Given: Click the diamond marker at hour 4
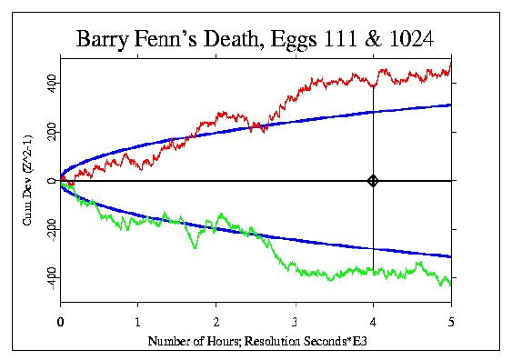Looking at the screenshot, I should (x=373, y=181).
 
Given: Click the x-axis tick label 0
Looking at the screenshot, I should (x=60, y=322).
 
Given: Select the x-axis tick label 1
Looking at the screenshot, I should (x=138, y=322).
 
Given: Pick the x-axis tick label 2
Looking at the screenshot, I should (x=216, y=322).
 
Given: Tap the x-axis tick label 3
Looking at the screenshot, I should (x=295, y=322).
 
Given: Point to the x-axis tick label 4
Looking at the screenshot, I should (x=373, y=322).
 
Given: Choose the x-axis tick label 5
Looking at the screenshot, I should (x=451, y=322).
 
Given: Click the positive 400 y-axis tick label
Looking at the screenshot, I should (x=52, y=85).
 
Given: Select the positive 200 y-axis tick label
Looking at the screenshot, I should (x=52, y=133).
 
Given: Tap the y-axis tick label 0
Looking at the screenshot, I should (x=52, y=181).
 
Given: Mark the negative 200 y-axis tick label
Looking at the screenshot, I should (x=52, y=231).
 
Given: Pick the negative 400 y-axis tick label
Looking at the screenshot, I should (x=52, y=279).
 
